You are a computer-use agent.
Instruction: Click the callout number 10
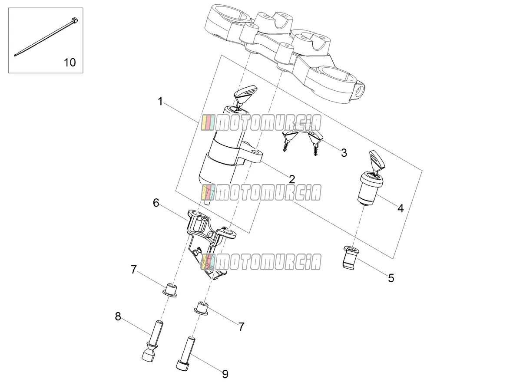70,63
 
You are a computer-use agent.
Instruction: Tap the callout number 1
160,101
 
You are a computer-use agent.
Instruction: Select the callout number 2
292,179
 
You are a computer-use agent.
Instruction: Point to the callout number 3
344,153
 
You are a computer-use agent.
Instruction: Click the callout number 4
401,208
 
